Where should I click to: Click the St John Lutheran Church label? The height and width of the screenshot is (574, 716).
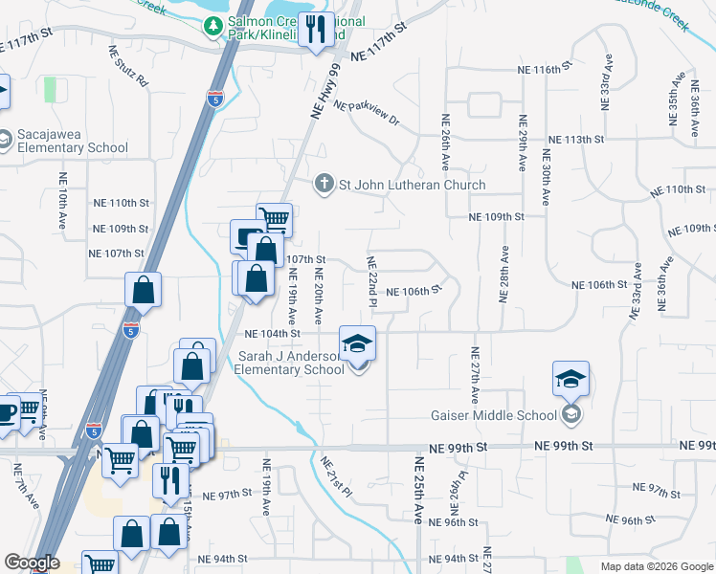[x=411, y=185]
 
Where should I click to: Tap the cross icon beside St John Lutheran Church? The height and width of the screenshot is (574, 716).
[x=324, y=184]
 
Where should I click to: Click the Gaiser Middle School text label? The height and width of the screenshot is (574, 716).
[x=492, y=415]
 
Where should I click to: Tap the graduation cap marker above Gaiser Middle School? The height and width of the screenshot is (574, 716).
[x=571, y=380]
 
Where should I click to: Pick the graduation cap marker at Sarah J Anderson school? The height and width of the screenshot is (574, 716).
[x=357, y=344]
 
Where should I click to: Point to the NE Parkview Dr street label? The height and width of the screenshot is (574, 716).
[x=368, y=114]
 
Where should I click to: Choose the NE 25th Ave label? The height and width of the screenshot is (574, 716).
[x=418, y=489]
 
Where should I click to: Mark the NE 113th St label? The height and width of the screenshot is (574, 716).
[x=574, y=139]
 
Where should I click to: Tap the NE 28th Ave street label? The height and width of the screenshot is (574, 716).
[x=503, y=274]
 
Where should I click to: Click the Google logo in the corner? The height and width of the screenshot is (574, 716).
[x=31, y=563]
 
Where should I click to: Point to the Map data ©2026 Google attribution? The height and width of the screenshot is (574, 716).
[x=656, y=566]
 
